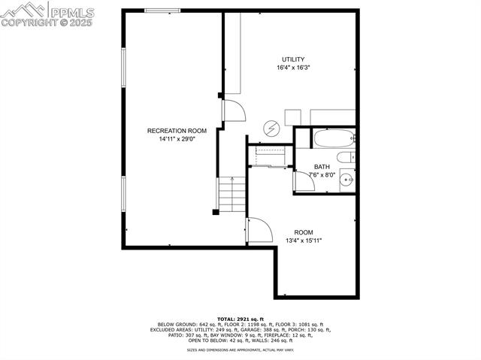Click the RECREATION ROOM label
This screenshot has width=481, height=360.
[x=177, y=131]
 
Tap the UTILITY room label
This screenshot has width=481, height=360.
[x=293, y=59]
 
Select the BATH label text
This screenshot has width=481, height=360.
[x=322, y=167]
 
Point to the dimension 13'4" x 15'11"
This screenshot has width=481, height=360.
[x=304, y=241]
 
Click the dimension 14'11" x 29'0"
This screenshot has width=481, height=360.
[x=177, y=139]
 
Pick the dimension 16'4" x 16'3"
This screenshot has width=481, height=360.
[x=293, y=68]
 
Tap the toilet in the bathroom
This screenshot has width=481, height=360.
[x=345, y=157]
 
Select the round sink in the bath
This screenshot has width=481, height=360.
[x=346, y=179]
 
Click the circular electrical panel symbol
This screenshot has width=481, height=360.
[x=271, y=129]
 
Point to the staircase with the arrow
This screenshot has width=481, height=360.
[x=233, y=195]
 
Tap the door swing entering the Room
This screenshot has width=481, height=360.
[x=259, y=229]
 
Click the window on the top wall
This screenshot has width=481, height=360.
[x=162, y=11]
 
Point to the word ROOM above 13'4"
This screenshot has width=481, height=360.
[x=304, y=232]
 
